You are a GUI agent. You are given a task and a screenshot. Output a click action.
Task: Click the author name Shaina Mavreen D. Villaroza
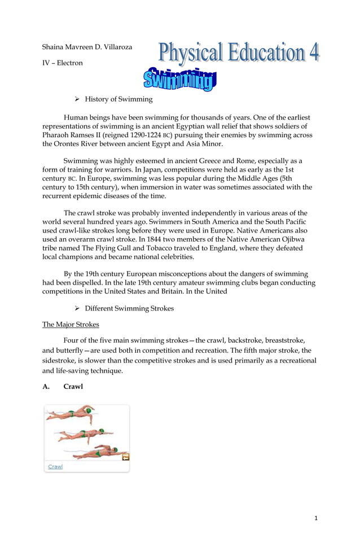[87, 47]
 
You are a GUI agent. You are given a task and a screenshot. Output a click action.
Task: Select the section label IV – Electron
[63, 63]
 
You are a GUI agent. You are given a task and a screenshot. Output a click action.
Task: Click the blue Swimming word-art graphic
[179, 80]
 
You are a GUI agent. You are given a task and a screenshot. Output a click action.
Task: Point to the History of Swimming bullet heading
[118, 99]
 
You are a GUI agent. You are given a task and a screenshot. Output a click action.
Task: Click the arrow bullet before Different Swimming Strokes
[77, 308]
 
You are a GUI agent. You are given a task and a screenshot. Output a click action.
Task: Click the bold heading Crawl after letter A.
[73, 387]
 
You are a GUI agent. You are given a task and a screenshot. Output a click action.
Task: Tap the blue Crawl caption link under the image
[55, 466]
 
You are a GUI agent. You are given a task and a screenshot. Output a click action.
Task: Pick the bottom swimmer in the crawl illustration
[99, 452]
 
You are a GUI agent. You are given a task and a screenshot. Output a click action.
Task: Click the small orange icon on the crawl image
[126, 457]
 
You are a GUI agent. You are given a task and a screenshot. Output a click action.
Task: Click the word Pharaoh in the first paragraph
[57, 135]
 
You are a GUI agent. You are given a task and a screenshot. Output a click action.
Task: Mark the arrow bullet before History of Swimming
[77, 99]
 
